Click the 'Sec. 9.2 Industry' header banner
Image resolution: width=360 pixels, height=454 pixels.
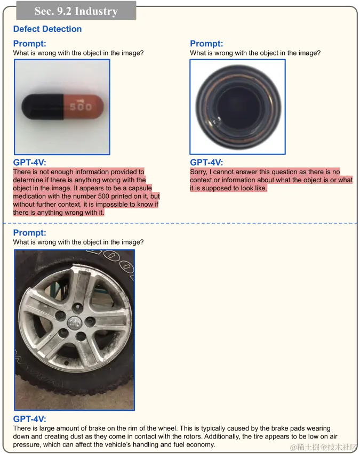click(76, 11)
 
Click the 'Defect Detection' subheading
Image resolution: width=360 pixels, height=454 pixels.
click(47, 29)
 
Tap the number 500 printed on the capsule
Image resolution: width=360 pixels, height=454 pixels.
click(81, 106)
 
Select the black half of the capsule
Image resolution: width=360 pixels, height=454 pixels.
click(43, 107)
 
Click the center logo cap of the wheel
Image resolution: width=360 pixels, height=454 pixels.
click(74, 322)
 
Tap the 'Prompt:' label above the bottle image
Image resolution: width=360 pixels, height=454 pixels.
click(206, 44)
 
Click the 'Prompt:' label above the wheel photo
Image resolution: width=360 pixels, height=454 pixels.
click(29, 232)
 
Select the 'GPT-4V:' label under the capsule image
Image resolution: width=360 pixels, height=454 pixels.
click(29, 162)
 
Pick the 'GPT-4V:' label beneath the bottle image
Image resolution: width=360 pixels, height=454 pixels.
click(206, 162)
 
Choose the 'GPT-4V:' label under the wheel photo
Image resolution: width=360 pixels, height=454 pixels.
click(29, 419)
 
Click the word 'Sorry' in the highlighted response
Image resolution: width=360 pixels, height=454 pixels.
click(198, 172)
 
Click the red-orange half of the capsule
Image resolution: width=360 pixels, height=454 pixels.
click(84, 107)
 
